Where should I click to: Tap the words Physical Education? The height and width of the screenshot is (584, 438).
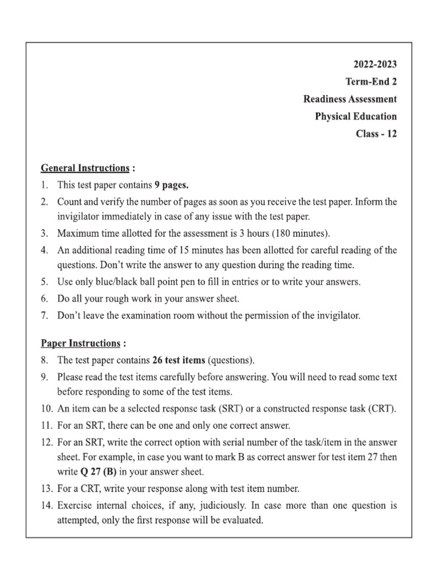coord(356,116)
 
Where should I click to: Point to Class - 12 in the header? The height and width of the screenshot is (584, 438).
coord(375,134)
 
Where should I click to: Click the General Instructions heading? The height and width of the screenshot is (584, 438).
coord(85,168)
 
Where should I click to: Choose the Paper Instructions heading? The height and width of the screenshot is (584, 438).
coord(80,343)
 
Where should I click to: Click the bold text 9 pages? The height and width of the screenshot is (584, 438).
coord(172,185)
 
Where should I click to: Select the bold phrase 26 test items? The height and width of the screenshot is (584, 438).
coord(180,360)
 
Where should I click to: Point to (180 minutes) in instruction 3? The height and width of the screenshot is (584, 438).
coord(302,234)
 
